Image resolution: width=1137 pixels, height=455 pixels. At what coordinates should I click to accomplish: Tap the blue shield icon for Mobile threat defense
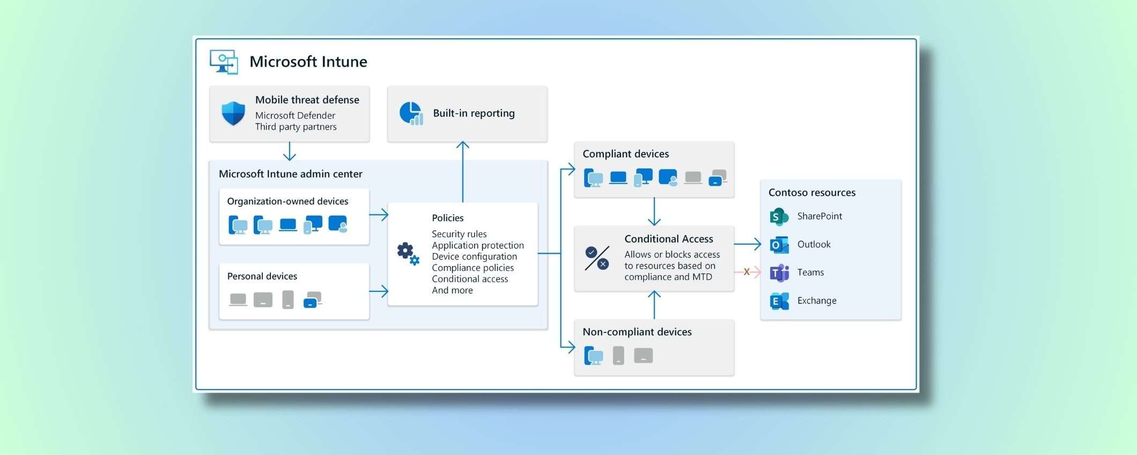tap(233, 113)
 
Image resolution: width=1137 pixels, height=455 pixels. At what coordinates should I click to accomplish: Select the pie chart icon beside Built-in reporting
tap(411, 114)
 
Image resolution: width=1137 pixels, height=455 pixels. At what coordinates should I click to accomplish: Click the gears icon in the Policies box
tap(408, 253)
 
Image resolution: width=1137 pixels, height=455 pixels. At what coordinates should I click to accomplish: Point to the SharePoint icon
tap(779, 217)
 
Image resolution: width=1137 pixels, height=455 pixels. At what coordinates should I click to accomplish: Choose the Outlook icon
tap(779, 245)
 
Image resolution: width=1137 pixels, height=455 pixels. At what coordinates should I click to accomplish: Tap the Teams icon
tap(779, 273)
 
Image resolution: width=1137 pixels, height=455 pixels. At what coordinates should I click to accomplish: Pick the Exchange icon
tap(779, 301)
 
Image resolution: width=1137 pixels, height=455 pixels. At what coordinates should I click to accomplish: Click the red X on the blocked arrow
tap(747, 272)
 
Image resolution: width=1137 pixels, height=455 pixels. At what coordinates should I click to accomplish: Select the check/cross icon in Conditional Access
tap(597, 258)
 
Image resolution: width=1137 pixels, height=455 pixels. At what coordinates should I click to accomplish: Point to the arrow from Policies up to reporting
tap(463, 172)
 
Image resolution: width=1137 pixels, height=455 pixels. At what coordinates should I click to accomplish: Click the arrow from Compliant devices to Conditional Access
tap(654, 211)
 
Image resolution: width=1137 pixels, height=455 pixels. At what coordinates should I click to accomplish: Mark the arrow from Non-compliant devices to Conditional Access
tap(654, 305)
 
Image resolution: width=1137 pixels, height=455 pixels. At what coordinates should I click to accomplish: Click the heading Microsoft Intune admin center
tap(290, 174)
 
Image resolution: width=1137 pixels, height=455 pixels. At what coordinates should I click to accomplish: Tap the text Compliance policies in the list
tap(472, 268)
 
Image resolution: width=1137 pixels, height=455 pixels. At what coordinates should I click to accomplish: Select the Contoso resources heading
tap(811, 193)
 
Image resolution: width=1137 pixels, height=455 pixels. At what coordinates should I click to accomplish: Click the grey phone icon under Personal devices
tap(288, 299)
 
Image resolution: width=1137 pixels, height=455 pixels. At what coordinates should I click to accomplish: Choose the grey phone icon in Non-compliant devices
tap(618, 355)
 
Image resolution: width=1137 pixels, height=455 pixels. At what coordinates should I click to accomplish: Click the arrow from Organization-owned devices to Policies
tap(379, 215)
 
